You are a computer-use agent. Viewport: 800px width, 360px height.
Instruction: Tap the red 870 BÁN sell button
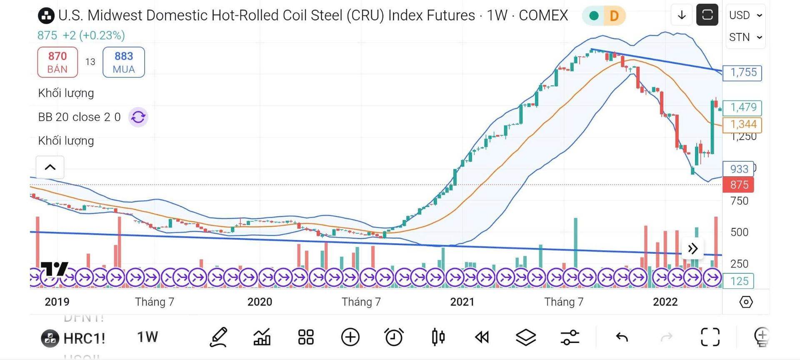57,62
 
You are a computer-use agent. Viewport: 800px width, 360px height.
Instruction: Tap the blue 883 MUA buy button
124,62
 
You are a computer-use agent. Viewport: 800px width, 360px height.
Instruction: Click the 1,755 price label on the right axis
742,72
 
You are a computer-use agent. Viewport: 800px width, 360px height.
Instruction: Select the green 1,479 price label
742,107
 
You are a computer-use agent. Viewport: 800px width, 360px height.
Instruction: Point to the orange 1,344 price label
742,124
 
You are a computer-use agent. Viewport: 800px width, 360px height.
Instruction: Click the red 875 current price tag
738,185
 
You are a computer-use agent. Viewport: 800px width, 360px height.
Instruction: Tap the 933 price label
738,169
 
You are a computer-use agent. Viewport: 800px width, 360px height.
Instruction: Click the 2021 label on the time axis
462,302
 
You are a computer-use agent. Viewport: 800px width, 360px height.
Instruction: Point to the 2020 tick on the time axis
260,302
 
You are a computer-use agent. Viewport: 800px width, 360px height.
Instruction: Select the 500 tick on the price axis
739,232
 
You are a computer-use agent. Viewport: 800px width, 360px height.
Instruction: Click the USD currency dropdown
745,15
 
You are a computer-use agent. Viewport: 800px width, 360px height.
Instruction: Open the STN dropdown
745,37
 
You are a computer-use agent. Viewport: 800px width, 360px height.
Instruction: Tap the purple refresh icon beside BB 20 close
138,117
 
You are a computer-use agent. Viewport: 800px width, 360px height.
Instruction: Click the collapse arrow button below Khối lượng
50,167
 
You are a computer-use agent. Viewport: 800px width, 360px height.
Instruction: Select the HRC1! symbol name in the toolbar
84,338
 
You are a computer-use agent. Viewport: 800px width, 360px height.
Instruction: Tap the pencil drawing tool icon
219,337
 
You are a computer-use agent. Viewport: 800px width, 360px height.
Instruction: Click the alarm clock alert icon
394,337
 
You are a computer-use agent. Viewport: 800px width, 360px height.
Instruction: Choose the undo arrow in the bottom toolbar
622,337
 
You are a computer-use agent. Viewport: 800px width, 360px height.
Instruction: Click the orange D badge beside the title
614,16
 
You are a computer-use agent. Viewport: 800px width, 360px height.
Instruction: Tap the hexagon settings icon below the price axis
746,302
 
